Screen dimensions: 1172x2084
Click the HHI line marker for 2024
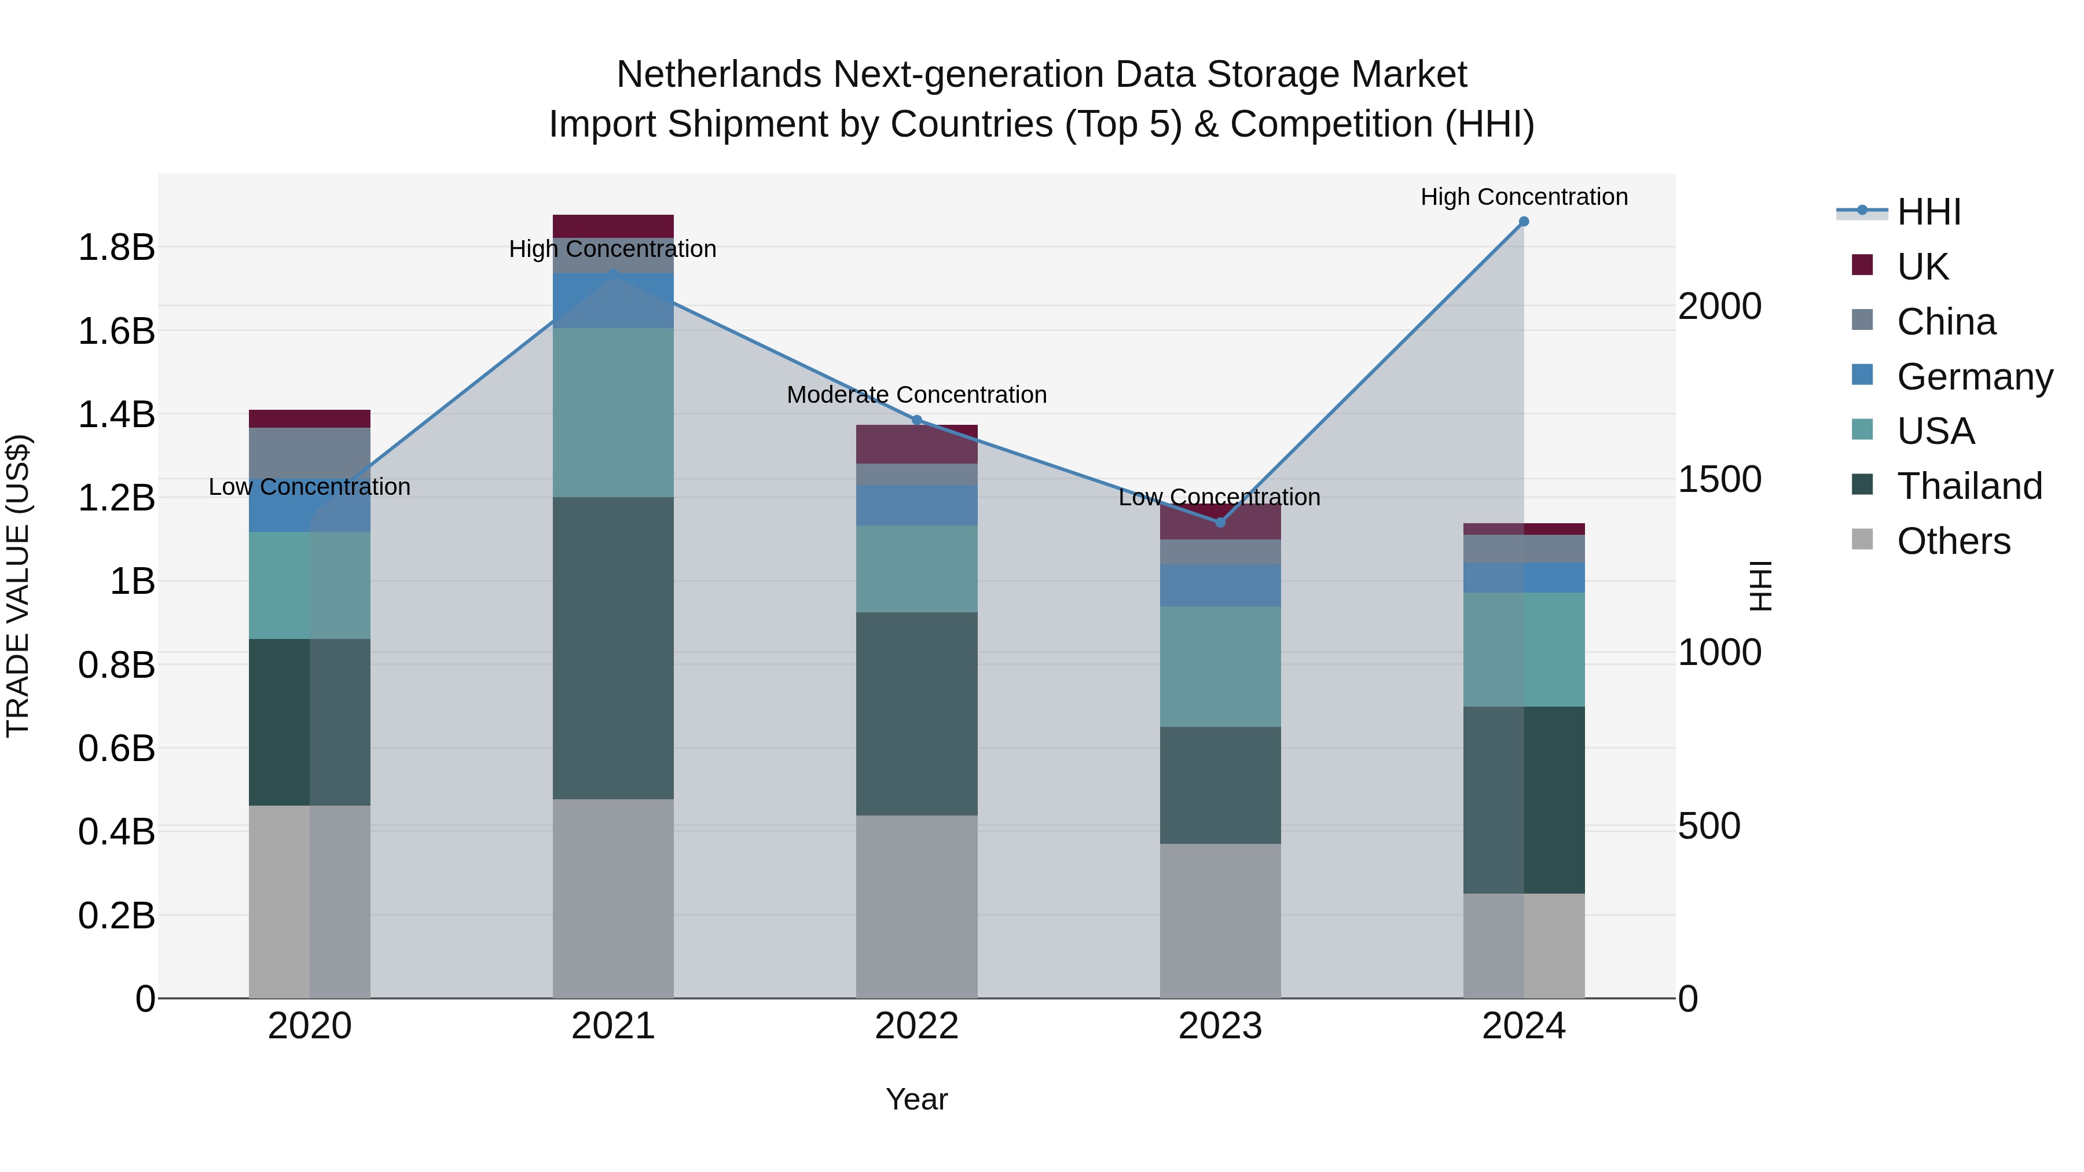pos(1524,221)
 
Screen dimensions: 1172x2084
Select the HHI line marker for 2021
pos(612,274)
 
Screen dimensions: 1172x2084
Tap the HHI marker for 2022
pos(916,420)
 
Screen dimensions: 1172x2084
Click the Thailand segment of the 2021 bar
pos(612,647)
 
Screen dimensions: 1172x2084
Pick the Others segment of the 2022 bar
pos(916,906)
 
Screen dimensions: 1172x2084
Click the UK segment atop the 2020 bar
pos(309,418)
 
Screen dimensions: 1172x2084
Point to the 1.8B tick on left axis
pos(116,247)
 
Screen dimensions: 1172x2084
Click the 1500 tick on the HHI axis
pos(1719,479)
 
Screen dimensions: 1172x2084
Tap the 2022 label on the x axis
pos(916,1026)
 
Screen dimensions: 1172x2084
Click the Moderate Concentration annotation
pos(916,395)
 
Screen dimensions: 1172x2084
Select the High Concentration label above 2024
pos(1524,197)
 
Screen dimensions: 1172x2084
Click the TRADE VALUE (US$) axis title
pos(18,586)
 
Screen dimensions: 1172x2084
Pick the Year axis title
pos(916,1099)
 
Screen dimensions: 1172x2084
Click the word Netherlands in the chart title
pos(719,75)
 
